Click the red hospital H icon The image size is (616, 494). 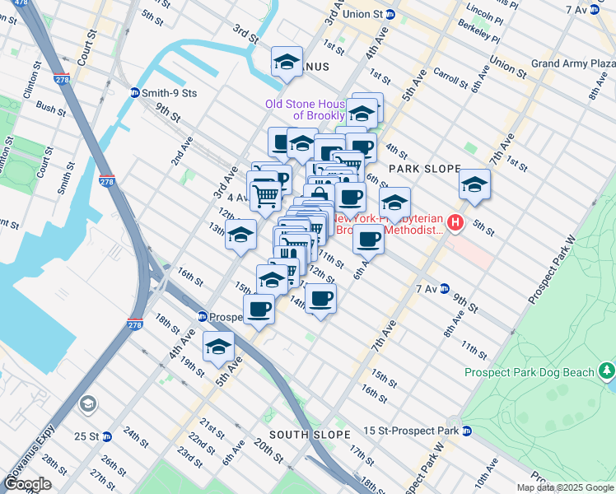pos(455,222)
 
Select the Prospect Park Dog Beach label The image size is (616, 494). pos(528,372)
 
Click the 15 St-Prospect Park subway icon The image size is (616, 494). pos(466,431)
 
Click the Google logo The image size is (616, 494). pos(28,483)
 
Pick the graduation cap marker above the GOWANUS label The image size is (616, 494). pos(287,62)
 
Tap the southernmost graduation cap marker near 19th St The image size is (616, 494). pos(218,347)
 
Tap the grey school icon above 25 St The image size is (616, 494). pos(87,404)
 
